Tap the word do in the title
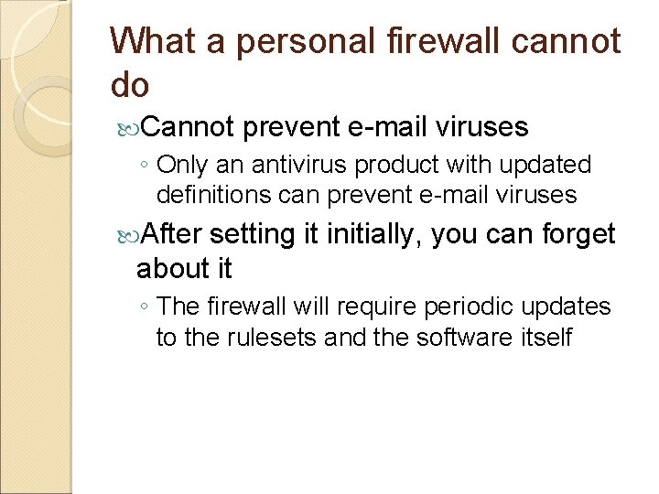click(x=129, y=84)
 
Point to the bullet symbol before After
click(x=126, y=235)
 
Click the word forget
click(x=578, y=234)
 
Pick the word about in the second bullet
click(x=167, y=269)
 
